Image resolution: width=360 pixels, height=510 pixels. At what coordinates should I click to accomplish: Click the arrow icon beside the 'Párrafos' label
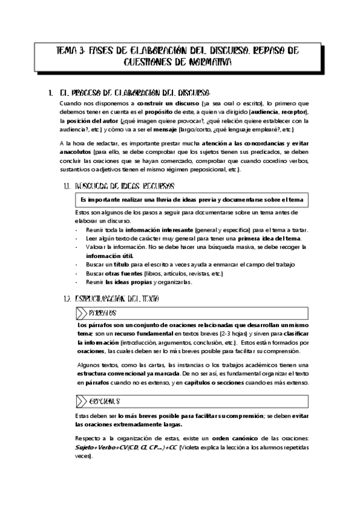(x=81, y=313)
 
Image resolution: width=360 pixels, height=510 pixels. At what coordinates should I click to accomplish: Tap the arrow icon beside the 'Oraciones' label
(x=81, y=401)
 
